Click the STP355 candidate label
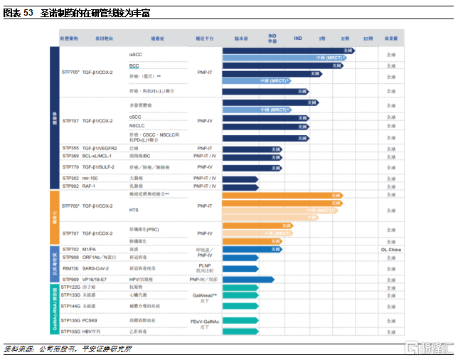pos(70,148)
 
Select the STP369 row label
pos(70,156)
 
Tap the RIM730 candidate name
pos(70,268)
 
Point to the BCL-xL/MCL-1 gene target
pos(97,156)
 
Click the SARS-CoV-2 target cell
pos(96,268)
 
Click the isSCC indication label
pos(135,55)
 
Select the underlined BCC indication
pos(134,65)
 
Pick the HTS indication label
pos(134,210)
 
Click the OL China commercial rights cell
pos(390,250)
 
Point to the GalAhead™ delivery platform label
pos(206,295)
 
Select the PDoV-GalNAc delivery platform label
pos(206,322)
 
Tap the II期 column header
pos(345,38)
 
